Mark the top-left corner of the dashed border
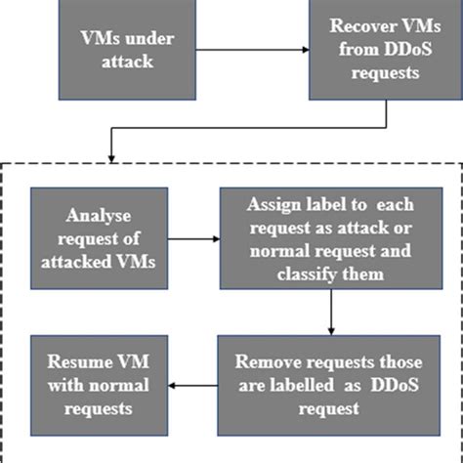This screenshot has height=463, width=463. [x=9, y=164]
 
